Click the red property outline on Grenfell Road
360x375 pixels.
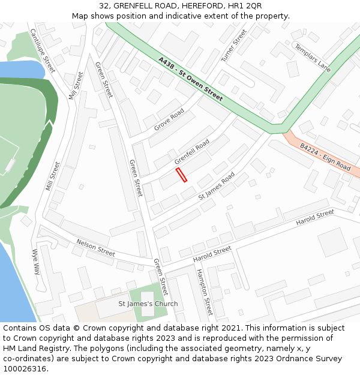pos(181,175)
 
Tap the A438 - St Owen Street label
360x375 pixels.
pos(191,79)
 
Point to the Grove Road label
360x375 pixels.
pos(169,120)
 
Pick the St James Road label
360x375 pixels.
pos(217,187)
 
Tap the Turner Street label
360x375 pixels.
pos(234,46)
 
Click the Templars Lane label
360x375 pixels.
pos(313,58)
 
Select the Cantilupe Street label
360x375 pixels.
pos(43,51)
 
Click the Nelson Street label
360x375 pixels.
pos(95,247)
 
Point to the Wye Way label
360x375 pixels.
pos(36,262)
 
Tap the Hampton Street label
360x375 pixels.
pos(204,292)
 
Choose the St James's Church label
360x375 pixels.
pos(148,304)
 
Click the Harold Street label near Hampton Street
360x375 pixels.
pos(212,254)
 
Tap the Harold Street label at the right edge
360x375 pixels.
pos(315,218)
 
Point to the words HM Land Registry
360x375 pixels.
pos(34,349)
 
